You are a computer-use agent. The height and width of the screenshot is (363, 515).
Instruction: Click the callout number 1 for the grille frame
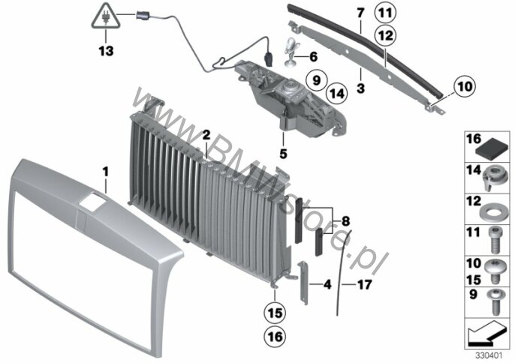click(x=106, y=172)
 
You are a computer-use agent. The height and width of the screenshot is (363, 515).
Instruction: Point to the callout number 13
click(x=105, y=52)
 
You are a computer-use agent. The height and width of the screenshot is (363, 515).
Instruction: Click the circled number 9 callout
click(x=316, y=78)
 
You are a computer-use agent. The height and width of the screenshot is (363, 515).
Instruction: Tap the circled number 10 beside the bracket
click(x=465, y=87)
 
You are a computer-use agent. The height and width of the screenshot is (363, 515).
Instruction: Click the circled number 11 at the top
click(x=385, y=13)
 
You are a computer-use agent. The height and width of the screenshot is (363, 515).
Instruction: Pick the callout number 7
click(x=360, y=12)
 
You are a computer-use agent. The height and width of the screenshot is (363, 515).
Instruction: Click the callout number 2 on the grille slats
click(x=205, y=134)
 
